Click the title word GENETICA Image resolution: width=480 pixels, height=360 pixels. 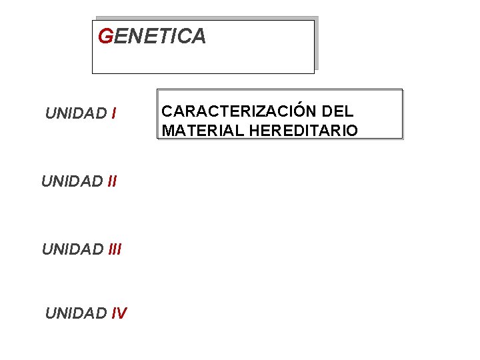(x=152, y=37)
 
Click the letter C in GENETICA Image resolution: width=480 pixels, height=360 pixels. (x=183, y=37)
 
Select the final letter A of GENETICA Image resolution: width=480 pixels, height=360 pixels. (x=198, y=37)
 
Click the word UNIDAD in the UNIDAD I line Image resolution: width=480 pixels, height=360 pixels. (x=76, y=113)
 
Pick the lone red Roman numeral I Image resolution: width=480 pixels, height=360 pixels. (x=115, y=113)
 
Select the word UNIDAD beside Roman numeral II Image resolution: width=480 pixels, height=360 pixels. (x=72, y=181)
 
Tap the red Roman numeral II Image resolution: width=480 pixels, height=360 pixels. (x=111, y=181)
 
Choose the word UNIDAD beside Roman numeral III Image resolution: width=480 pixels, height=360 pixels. (x=72, y=249)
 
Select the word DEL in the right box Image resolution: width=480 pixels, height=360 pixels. (x=339, y=111)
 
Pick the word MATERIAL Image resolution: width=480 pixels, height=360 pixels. (x=203, y=130)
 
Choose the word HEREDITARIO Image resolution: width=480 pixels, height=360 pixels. (x=303, y=130)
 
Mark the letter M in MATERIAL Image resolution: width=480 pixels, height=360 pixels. (x=168, y=130)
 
